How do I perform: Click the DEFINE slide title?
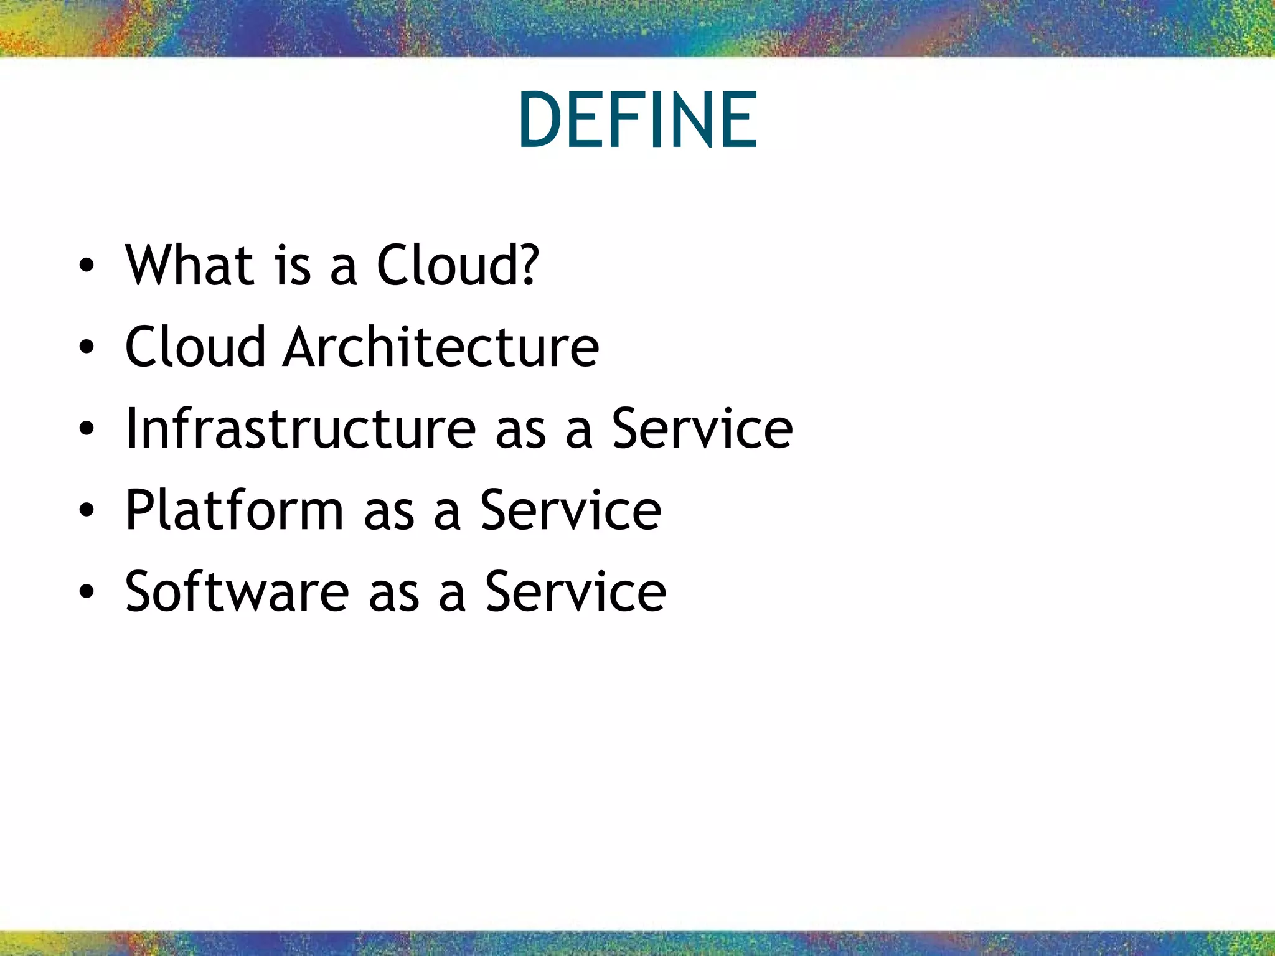point(637,120)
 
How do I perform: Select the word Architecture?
point(441,347)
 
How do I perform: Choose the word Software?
point(237,592)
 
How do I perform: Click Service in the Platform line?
point(570,510)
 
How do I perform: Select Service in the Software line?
point(575,592)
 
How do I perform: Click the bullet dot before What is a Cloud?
point(87,266)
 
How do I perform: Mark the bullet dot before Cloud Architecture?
point(87,348)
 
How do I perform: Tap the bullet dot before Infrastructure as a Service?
point(87,429)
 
